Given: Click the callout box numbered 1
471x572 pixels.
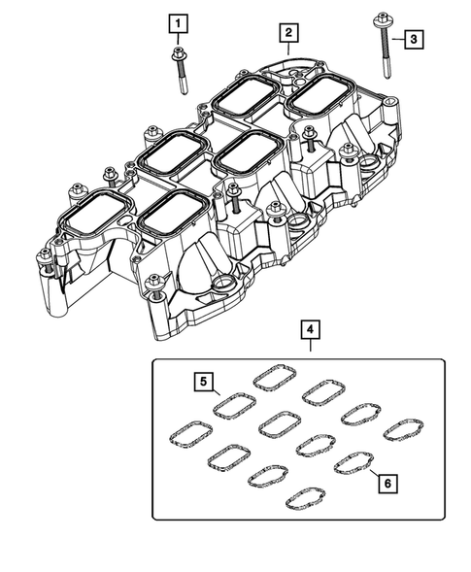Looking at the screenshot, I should [178, 21].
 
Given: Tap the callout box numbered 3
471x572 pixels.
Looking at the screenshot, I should [414, 39].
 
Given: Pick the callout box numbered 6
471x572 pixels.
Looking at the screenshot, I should [387, 481].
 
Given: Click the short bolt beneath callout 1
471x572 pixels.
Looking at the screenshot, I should [180, 68].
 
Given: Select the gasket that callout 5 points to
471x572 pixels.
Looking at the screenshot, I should [233, 403].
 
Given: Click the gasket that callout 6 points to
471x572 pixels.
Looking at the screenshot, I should [353, 463].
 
